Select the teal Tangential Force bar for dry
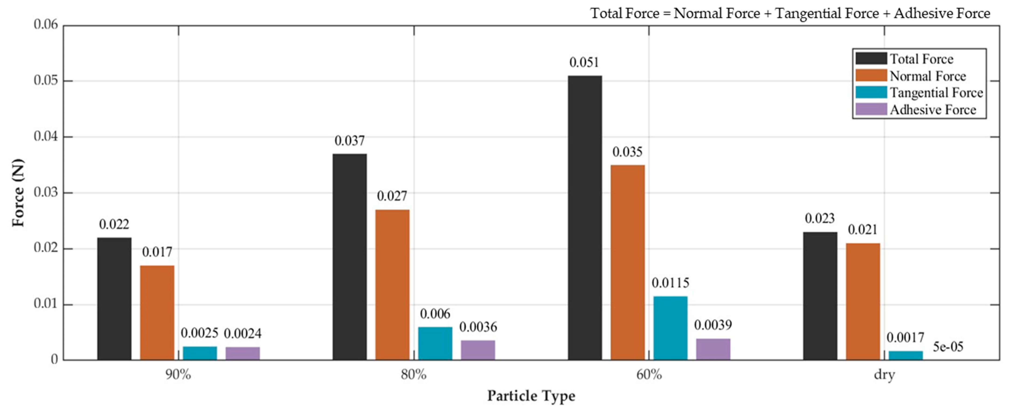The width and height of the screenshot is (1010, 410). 905,355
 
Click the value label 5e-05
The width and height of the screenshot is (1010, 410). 948,347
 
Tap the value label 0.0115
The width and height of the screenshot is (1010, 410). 670,283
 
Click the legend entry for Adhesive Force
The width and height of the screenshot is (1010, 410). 933,110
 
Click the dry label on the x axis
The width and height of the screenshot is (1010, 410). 884,375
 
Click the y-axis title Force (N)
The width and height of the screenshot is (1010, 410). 18,193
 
